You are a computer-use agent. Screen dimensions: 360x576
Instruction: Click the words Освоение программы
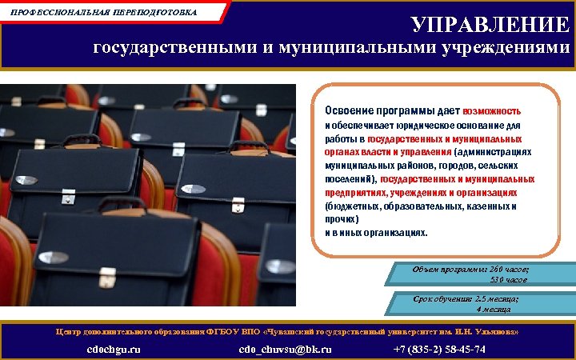(371, 110)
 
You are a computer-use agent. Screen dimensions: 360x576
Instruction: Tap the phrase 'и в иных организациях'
(376, 233)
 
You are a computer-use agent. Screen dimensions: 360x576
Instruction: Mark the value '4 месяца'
(498, 308)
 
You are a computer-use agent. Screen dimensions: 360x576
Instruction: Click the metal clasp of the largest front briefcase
(107, 279)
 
